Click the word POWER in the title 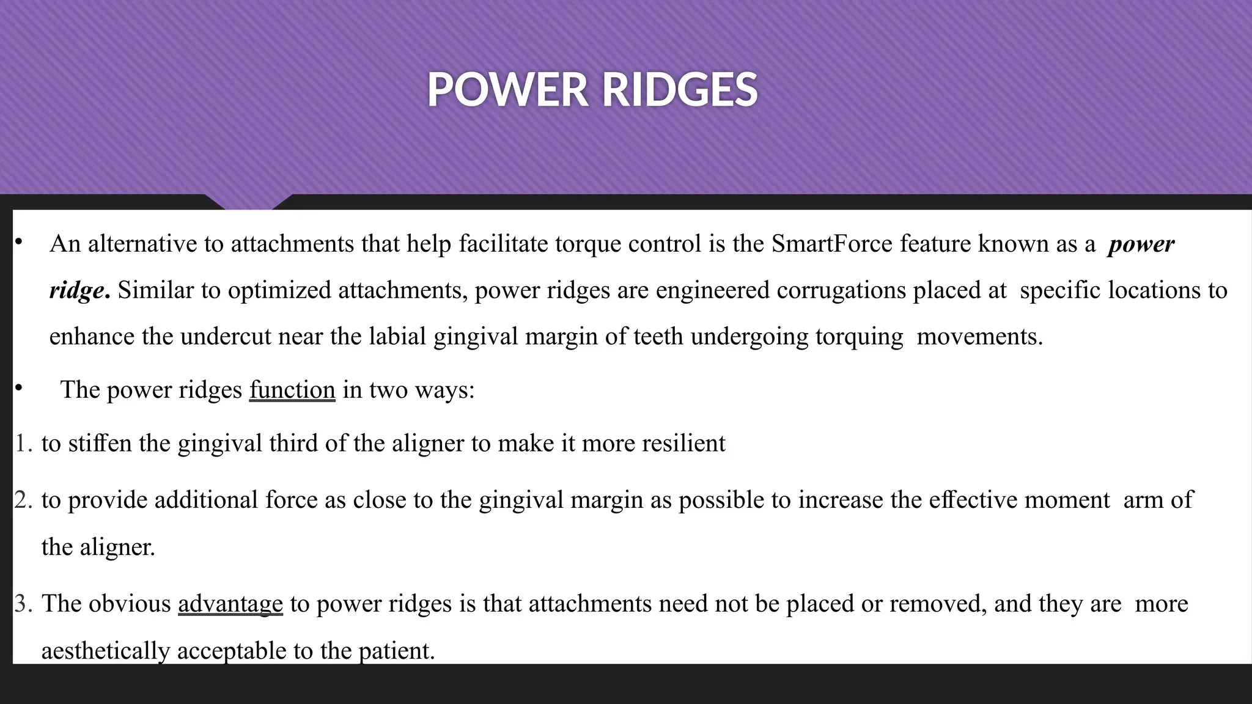(x=507, y=90)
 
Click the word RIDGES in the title (x=680, y=90)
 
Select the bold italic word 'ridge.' (x=79, y=290)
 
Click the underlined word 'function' (x=292, y=390)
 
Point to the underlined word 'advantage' (x=230, y=604)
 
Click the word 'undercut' (x=226, y=337)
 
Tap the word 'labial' (x=397, y=337)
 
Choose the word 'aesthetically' (x=105, y=651)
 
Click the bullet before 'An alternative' (x=19, y=243)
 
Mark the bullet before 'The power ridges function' (x=19, y=387)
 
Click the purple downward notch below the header (x=248, y=202)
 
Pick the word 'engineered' (x=712, y=290)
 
